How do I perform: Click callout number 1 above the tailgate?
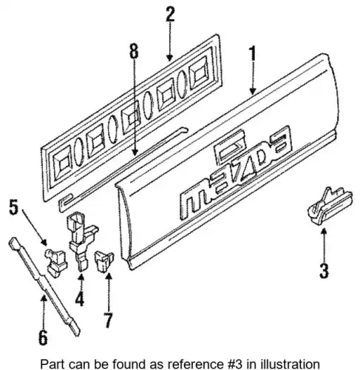[x=252, y=53]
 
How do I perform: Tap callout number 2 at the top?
[x=170, y=14]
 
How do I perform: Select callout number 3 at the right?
[x=324, y=271]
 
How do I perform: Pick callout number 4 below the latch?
[x=79, y=298]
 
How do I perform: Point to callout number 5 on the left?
[x=14, y=206]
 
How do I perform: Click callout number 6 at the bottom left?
[x=43, y=337]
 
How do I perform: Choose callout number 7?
[x=108, y=320]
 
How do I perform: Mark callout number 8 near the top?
[x=134, y=51]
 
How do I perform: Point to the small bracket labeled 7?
[x=104, y=261]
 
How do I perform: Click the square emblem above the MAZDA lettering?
[x=230, y=149]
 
